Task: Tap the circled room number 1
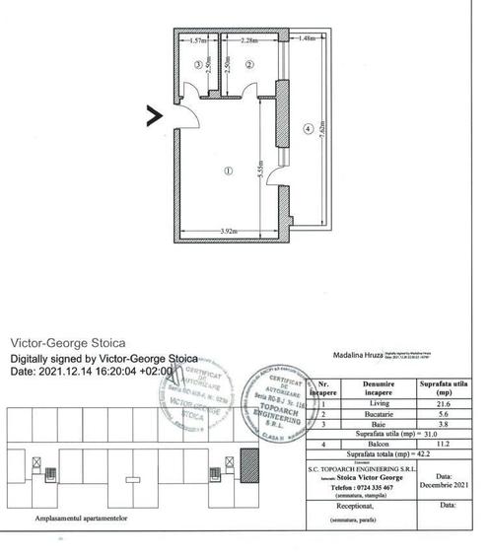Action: tap(228, 170)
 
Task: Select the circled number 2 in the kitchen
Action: tap(249, 64)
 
